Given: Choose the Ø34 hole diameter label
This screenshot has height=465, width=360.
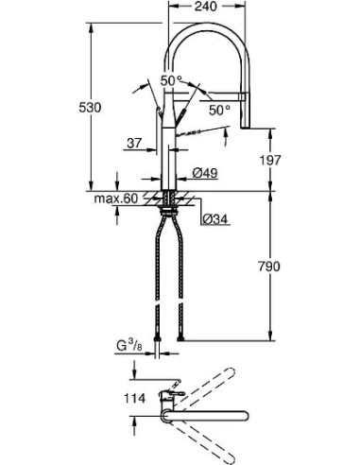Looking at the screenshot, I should pos(213,219).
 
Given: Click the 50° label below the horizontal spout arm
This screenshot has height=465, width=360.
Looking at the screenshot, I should pos(220,110).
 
